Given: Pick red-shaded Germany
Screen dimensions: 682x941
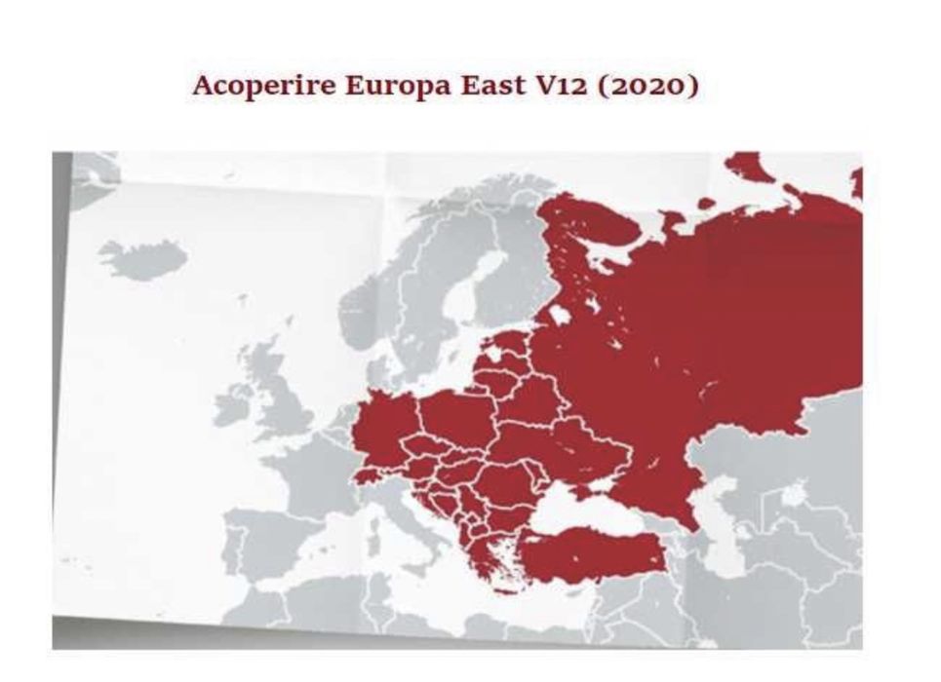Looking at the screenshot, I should pos(384,429).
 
